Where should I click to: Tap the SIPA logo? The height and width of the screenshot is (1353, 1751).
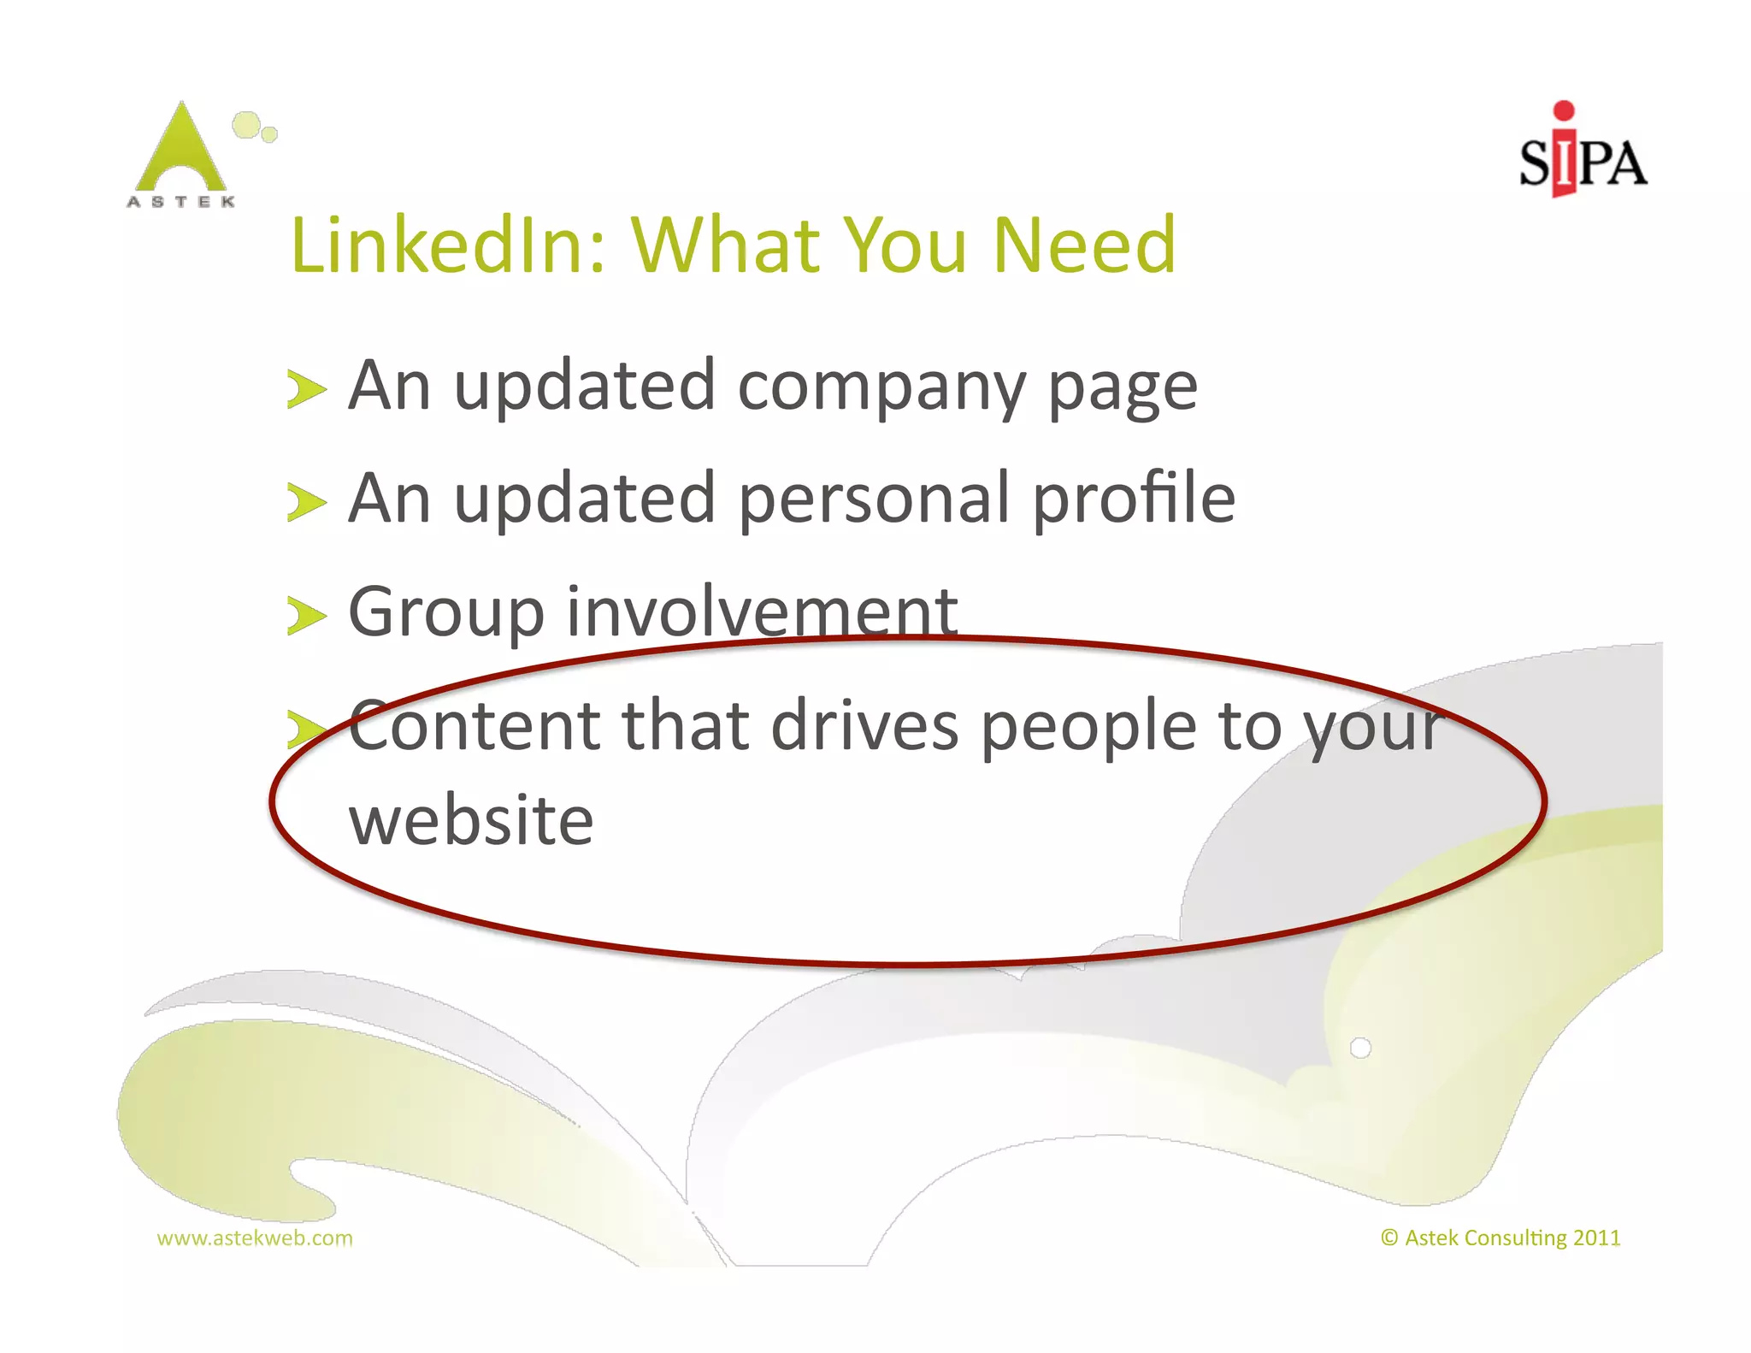(x=1582, y=154)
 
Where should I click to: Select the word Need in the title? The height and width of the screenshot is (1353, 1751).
(x=1084, y=245)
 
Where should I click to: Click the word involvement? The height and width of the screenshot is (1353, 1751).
(x=762, y=612)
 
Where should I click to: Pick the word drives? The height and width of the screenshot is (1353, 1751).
(x=864, y=725)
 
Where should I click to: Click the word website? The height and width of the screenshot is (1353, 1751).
(x=471, y=821)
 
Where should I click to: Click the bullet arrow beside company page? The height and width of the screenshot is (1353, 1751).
(x=306, y=390)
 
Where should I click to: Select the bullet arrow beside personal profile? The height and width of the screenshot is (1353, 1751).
(x=306, y=503)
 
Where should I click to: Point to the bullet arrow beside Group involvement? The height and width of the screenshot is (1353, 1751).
(x=306, y=616)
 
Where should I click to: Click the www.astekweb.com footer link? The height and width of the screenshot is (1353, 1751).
(x=255, y=1238)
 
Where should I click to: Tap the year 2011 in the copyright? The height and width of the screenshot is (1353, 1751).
(x=1596, y=1238)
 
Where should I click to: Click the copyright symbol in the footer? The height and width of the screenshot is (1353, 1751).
(x=1389, y=1238)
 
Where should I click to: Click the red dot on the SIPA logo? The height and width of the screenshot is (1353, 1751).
(x=1564, y=110)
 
